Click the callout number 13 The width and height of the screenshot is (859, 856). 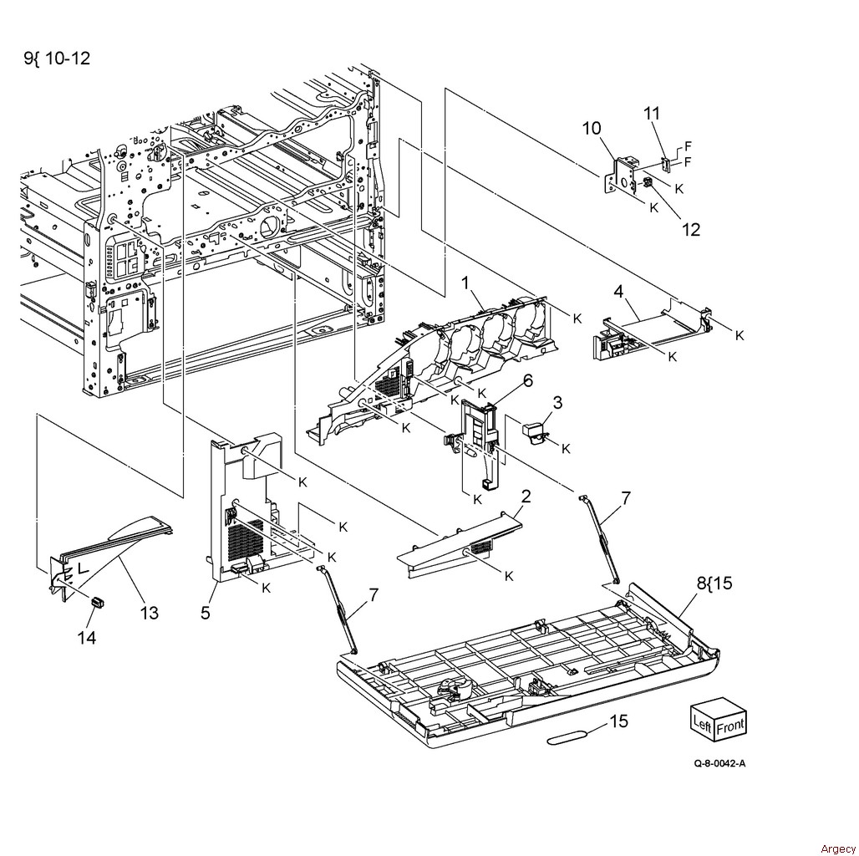tap(150, 612)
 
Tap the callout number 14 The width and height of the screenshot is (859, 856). tap(87, 637)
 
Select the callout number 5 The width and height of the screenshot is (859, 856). tap(206, 612)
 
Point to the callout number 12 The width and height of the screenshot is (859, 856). tap(691, 230)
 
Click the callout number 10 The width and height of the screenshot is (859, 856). tap(591, 128)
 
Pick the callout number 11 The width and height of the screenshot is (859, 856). tap(652, 114)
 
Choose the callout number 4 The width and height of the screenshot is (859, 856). tap(618, 292)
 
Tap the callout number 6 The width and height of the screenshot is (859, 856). tap(527, 380)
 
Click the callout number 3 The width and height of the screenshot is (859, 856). tap(557, 403)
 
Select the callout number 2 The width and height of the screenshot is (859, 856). tap(526, 497)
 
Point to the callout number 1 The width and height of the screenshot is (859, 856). tap(465, 283)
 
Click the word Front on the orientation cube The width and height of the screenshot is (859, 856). tap(731, 726)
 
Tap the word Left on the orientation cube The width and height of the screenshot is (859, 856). tap(702, 723)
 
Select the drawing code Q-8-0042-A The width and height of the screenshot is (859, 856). tap(719, 763)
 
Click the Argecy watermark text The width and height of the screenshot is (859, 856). tap(838, 848)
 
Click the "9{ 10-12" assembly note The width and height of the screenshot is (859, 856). tap(57, 58)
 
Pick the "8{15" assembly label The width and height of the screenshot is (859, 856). tap(714, 583)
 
